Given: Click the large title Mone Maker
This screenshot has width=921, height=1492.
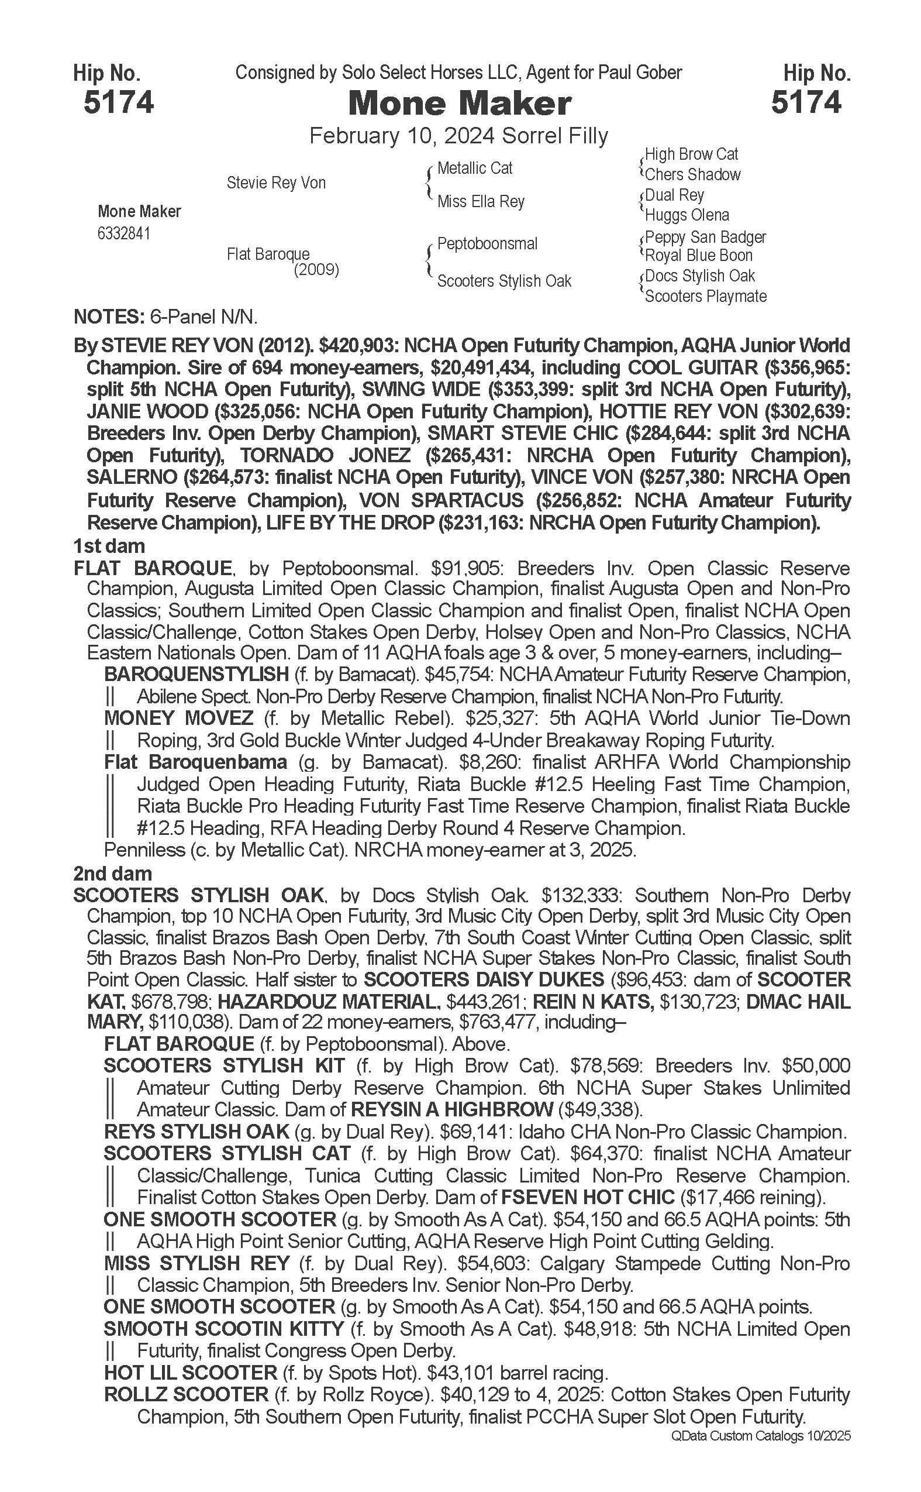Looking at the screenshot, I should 460,104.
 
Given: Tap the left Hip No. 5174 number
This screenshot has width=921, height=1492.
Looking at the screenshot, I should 119,102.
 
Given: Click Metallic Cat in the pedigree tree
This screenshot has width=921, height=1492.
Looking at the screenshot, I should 475,169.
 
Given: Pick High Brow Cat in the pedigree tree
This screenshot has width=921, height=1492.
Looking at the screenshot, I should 691,154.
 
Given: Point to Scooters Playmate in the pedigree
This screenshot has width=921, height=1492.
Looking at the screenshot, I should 705,296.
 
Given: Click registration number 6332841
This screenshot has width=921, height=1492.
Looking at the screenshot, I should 123,234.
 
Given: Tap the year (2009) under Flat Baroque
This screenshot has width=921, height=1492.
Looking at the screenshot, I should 316,269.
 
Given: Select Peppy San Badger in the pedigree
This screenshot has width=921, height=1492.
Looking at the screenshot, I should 705,237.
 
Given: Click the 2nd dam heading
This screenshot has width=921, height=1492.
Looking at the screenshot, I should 112,874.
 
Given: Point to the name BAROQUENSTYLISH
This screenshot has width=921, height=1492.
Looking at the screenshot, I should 196,674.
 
